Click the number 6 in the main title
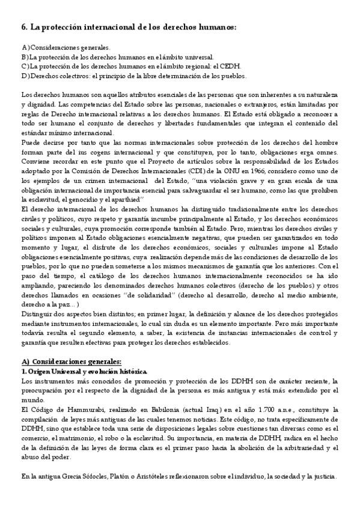pyautogui.click(x=23, y=28)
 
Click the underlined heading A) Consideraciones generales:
pyautogui.click(x=71, y=362)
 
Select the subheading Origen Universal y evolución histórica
pyautogui.click(x=75, y=372)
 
